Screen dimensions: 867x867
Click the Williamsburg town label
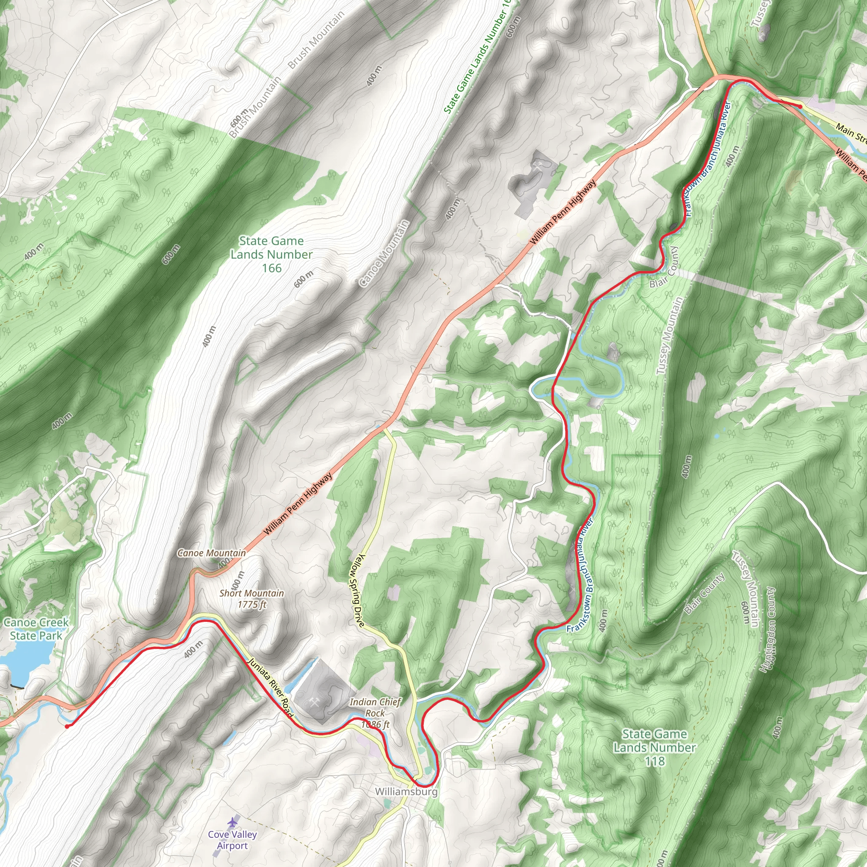click(406, 791)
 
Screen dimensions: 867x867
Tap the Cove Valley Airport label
click(232, 839)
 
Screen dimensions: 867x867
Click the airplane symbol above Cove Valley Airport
click(232, 822)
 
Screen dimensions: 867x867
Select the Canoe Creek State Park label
click(36, 629)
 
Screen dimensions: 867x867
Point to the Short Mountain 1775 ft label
click(252, 599)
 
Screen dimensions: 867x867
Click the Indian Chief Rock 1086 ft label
click(375, 713)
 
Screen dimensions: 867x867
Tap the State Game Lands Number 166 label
click(271, 254)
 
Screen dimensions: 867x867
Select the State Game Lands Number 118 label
click(654, 747)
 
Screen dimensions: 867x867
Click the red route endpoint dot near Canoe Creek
click(67, 726)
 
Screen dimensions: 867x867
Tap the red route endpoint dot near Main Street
click(800, 106)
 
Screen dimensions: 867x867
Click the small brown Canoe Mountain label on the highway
click(212, 553)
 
